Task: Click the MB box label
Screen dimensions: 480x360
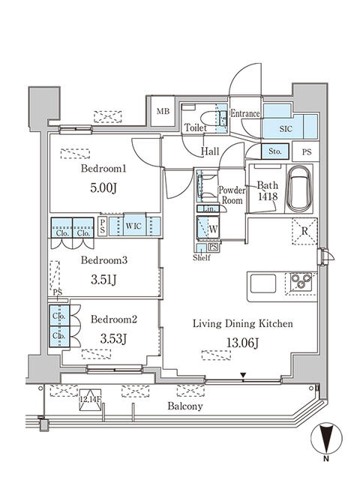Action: tap(163, 112)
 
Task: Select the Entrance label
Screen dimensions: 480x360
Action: tap(244, 114)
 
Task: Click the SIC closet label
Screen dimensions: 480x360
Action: tap(286, 129)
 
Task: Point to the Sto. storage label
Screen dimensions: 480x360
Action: tap(274, 152)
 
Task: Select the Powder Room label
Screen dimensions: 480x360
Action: tap(231, 196)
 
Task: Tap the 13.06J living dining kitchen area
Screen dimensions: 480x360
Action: tap(241, 344)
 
